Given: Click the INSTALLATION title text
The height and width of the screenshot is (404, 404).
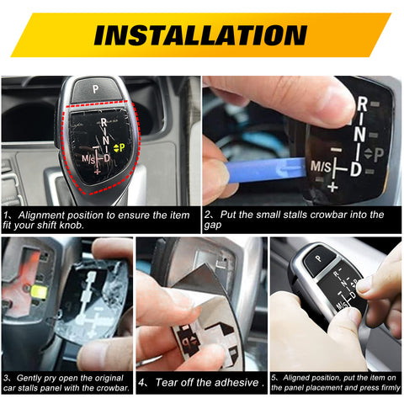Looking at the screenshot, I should pyautogui.click(x=199, y=35).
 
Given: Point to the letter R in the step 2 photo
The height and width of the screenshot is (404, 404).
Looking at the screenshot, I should pyautogui.click(x=362, y=104).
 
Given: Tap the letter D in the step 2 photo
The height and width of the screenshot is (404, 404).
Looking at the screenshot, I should pyautogui.click(x=356, y=169).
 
